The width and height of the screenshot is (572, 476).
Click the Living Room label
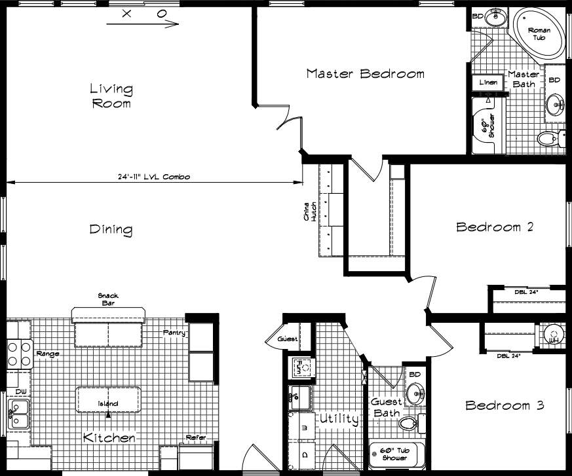click(111, 96)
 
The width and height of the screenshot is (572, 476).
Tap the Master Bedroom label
click(365, 73)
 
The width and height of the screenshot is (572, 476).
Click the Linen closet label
click(488, 82)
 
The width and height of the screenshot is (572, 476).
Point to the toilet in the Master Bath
click(547, 138)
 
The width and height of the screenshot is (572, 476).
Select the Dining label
click(111, 230)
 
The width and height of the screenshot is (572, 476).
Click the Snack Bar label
click(108, 299)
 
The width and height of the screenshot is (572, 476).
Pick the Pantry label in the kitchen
click(174, 333)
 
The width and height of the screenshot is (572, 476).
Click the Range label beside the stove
click(48, 354)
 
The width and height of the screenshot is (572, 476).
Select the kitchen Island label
click(108, 403)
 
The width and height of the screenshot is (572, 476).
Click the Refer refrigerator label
click(196, 437)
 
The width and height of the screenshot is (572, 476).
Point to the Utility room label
click(339, 418)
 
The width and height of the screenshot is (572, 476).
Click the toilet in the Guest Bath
click(410, 422)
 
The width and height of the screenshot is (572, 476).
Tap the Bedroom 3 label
click(505, 405)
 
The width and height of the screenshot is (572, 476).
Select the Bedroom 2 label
click(495, 227)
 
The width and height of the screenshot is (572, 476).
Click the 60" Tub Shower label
click(398, 453)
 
